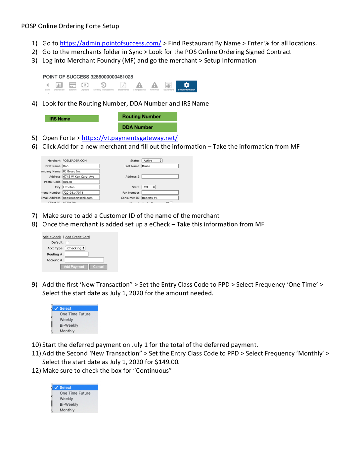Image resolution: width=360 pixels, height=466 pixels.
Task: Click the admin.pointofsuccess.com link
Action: tap(110, 43)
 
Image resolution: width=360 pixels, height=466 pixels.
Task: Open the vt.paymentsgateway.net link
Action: tap(129, 138)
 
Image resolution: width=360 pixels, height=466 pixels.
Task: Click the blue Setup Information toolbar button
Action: tap(186, 86)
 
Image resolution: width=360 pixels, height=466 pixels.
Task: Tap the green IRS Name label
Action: tap(72, 119)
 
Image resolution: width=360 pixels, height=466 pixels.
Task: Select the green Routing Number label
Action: tap(147, 117)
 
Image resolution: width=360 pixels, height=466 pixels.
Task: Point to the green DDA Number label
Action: tap(147, 127)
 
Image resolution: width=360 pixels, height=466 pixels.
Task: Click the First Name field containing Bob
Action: tap(81, 166)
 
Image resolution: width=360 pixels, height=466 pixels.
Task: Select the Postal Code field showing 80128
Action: tap(81, 182)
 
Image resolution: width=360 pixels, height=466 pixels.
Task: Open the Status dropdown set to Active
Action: tap(152, 161)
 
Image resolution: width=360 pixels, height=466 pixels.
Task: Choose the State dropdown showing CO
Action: tap(149, 187)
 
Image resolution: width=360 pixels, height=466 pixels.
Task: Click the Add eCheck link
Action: tap(52, 237)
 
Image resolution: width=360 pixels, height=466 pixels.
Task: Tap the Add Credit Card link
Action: tap(77, 237)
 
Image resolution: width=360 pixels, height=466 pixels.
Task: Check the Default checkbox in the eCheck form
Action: tap(67, 243)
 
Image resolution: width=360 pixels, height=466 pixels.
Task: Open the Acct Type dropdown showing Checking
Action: tap(75, 248)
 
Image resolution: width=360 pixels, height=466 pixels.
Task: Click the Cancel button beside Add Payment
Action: tap(98, 267)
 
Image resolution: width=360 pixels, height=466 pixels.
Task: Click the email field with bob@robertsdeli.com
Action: tap(81, 198)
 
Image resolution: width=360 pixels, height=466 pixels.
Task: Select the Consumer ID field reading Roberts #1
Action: tap(160, 198)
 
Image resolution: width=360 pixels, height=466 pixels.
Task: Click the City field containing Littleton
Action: tap(81, 187)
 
